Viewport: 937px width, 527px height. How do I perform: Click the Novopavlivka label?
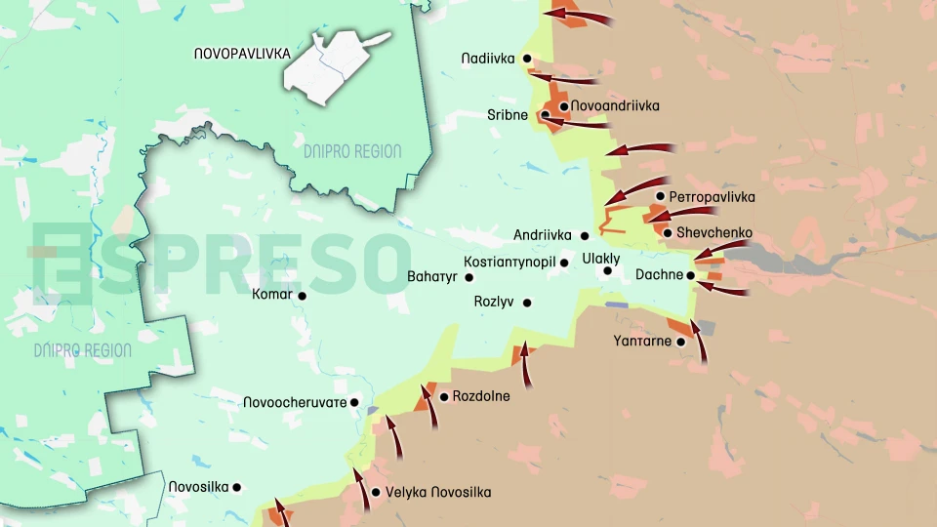242,54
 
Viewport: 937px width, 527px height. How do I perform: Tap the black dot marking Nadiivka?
527,59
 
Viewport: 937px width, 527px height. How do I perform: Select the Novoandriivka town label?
615,105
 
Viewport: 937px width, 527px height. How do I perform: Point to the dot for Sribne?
545,116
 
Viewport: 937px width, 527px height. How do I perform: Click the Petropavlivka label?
713,196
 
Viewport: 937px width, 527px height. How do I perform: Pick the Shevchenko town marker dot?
668,232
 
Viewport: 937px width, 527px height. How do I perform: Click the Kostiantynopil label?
509,263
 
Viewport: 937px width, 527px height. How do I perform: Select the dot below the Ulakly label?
607,271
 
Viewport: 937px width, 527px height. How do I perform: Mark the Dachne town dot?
691,275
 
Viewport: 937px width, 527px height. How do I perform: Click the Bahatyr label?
432,277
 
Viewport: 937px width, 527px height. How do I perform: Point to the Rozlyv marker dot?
527,303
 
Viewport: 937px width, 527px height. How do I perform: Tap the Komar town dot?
303,296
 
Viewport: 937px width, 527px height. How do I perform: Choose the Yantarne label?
642,341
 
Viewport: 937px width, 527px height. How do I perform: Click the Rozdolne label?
481,396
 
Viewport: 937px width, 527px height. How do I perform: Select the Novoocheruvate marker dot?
354,402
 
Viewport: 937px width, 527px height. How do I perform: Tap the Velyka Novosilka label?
438,492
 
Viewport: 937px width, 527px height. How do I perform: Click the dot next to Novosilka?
236,487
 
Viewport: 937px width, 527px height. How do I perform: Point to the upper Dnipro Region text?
352,151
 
